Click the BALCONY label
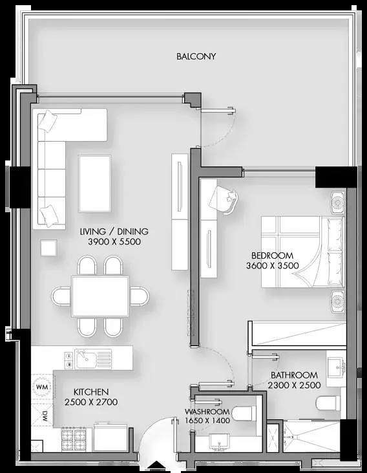coord(196,56)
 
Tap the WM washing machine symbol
coord(42,387)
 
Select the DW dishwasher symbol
coord(43,415)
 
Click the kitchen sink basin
coord(85,359)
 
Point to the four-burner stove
coord(74,440)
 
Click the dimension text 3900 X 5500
coord(114,241)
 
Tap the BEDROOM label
coord(272,256)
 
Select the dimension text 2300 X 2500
coord(294,385)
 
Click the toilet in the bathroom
coord(328,402)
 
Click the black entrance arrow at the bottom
coord(156,467)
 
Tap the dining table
coord(100,296)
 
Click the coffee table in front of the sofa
coord(94,184)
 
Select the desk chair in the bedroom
coord(224,199)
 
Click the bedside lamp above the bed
coord(338,203)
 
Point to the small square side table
coord(48,248)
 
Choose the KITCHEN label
coord(91,392)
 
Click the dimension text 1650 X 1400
coord(207,420)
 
